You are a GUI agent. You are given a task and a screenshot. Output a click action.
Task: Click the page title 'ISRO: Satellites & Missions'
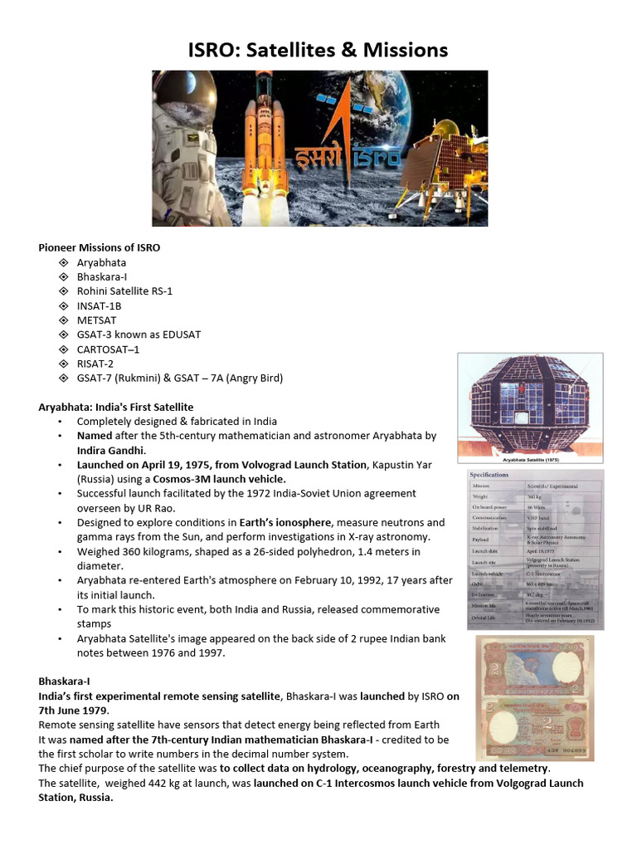(x=318, y=51)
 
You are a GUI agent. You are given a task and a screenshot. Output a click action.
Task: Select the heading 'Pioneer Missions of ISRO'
(x=100, y=247)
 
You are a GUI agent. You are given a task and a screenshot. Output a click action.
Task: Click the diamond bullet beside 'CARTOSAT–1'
(x=63, y=349)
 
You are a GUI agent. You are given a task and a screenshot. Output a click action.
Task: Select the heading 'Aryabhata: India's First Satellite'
(x=116, y=407)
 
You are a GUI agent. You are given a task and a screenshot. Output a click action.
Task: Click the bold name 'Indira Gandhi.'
(x=112, y=450)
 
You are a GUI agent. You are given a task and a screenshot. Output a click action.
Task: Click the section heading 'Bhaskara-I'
(x=64, y=681)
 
